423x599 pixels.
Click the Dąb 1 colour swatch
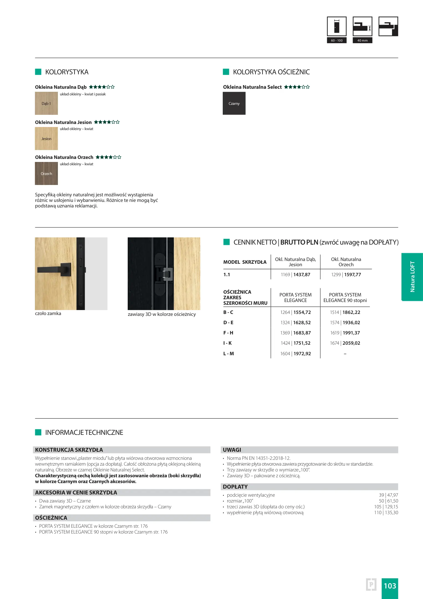pyautogui.click(x=46, y=103)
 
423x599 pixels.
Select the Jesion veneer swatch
pyautogui.click(x=46, y=138)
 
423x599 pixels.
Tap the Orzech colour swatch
pyautogui.click(x=46, y=174)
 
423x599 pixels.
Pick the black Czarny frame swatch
pyautogui.click(x=234, y=103)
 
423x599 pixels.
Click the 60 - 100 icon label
pyautogui.click(x=337, y=40)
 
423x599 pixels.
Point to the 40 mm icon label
pyautogui.click(x=362, y=40)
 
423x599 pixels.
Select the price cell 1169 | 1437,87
pyautogui.click(x=295, y=275)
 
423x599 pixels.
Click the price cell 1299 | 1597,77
pyautogui.click(x=346, y=275)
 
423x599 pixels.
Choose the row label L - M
pyautogui.click(x=229, y=354)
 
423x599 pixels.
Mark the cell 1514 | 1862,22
pyautogui.click(x=345, y=312)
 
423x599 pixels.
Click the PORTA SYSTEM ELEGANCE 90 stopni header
pyautogui.click(x=345, y=298)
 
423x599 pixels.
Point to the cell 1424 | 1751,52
pyautogui.click(x=295, y=343)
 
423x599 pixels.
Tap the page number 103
pyautogui.click(x=390, y=586)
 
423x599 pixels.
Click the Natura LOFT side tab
pyautogui.click(x=412, y=277)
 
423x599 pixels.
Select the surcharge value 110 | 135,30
pyautogui.click(x=386, y=512)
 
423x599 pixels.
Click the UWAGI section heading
pyautogui.click(x=232, y=450)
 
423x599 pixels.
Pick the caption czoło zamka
pyautogui.click(x=48, y=313)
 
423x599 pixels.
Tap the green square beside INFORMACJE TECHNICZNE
pyautogui.click(x=38, y=432)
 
